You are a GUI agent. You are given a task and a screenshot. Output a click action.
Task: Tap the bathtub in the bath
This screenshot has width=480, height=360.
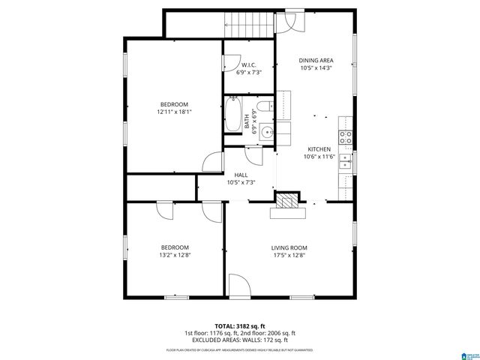(x=232, y=117)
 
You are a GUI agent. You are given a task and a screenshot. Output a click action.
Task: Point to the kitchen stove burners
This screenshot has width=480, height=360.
(x=346, y=136)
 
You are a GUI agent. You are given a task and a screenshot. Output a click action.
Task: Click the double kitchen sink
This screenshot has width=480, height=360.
(x=346, y=160)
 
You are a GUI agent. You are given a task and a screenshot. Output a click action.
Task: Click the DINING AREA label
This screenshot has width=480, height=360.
(x=315, y=61)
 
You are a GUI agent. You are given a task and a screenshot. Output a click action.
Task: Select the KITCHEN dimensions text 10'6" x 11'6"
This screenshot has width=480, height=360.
(x=318, y=157)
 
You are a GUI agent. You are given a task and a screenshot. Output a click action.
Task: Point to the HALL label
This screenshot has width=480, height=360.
(x=241, y=175)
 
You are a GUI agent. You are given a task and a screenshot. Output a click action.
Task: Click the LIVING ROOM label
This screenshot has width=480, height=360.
(x=289, y=247)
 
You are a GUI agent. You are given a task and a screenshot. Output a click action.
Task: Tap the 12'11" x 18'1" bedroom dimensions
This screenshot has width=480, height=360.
(x=174, y=112)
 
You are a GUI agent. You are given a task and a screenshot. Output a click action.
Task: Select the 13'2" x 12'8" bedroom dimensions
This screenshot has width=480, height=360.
(x=174, y=255)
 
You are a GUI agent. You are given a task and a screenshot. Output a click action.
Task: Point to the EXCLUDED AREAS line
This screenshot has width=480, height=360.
(x=240, y=340)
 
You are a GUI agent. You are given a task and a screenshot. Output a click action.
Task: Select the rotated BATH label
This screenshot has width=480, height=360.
(x=247, y=121)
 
